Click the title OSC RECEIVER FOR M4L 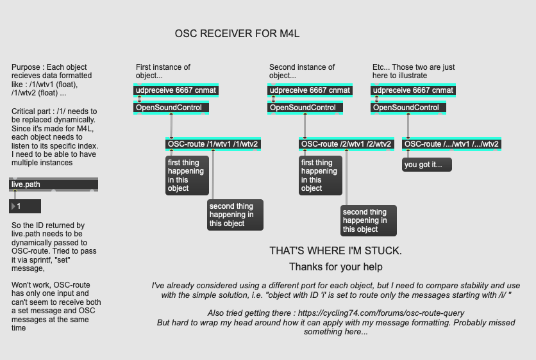(237, 33)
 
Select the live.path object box (54, 184)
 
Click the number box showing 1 (26, 206)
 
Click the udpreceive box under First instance (176, 90)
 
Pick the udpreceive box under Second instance (310, 90)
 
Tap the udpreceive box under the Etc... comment (414, 90)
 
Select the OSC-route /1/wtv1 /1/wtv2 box (213, 144)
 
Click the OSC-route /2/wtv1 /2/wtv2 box (346, 144)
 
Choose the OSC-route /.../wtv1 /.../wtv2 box (452, 144)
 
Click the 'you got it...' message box (427, 165)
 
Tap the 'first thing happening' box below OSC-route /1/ (187, 176)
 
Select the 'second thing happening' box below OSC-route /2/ (368, 220)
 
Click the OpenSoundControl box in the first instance (170, 108)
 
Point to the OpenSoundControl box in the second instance (303, 108)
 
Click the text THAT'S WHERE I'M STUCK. (335, 250)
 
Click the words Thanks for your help (335, 266)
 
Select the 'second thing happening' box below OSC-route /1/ (235, 215)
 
